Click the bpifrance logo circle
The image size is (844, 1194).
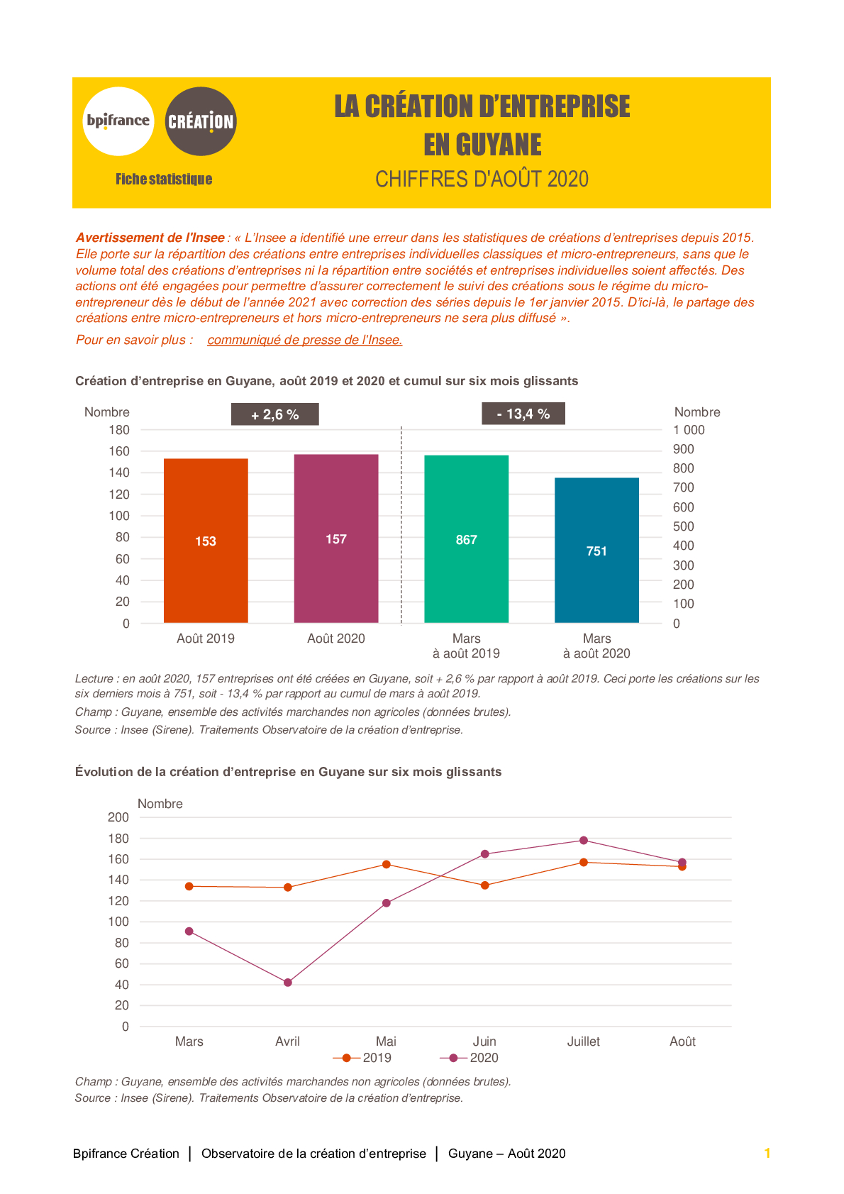pyautogui.click(x=118, y=121)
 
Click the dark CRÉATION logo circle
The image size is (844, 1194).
pyautogui.click(x=201, y=121)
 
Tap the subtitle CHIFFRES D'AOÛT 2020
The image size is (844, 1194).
pyautogui.click(x=482, y=179)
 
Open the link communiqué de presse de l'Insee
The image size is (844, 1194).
pyautogui.click(x=305, y=340)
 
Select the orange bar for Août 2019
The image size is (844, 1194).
pyautogui.click(x=206, y=541)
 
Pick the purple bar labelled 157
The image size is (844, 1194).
pyautogui.click(x=336, y=538)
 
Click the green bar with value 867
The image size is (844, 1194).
pyautogui.click(x=466, y=539)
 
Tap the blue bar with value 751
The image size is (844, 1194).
pyautogui.click(x=596, y=550)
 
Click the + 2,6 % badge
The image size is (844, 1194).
pyautogui.click(x=275, y=414)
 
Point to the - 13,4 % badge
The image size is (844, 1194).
pyautogui.click(x=523, y=414)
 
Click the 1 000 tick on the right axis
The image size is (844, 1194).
pyautogui.click(x=689, y=430)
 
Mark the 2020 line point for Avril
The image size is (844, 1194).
pyautogui.click(x=288, y=983)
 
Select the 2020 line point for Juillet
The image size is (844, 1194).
pyautogui.click(x=584, y=841)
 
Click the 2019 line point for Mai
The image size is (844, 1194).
pyautogui.click(x=387, y=864)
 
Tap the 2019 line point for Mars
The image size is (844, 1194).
pyautogui.click(x=189, y=886)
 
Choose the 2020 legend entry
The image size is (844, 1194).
pyautogui.click(x=469, y=1058)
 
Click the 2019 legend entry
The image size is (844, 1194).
pyautogui.click(x=362, y=1058)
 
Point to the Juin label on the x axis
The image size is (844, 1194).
pyautogui.click(x=484, y=1041)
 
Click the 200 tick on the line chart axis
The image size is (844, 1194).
pyautogui.click(x=118, y=817)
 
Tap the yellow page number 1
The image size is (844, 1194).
pyautogui.click(x=767, y=1153)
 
